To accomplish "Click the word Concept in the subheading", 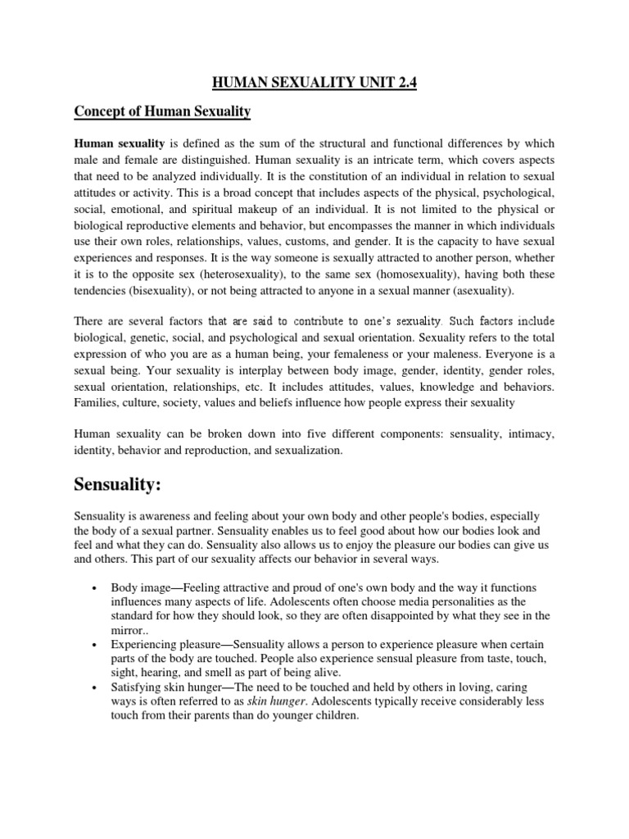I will [x=101, y=111].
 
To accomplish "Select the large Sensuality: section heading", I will [x=129, y=485].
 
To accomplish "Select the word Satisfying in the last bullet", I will [x=139, y=687].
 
